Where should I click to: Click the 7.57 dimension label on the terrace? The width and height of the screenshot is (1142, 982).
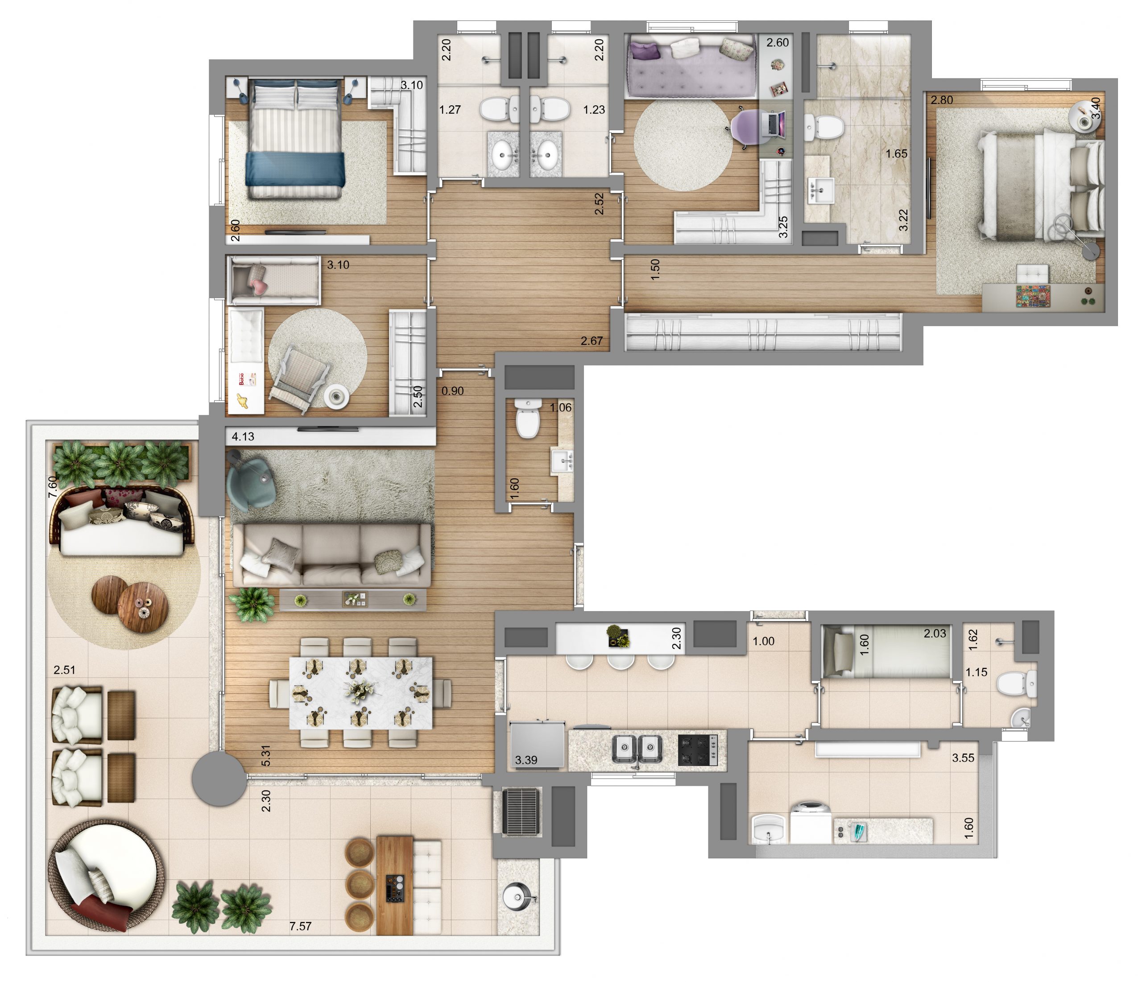[300, 926]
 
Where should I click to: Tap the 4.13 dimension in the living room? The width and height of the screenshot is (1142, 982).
[243, 437]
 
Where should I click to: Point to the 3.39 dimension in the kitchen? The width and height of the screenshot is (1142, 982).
[526, 760]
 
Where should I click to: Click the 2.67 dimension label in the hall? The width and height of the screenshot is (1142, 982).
[592, 341]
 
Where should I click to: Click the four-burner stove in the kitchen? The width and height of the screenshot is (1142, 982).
[697, 750]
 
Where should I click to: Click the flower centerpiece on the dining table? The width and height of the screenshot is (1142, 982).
[360, 690]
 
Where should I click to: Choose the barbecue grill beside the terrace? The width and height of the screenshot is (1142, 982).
[521, 812]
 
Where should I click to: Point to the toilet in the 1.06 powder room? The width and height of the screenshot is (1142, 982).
[527, 418]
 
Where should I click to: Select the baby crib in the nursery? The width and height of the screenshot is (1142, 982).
[274, 280]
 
